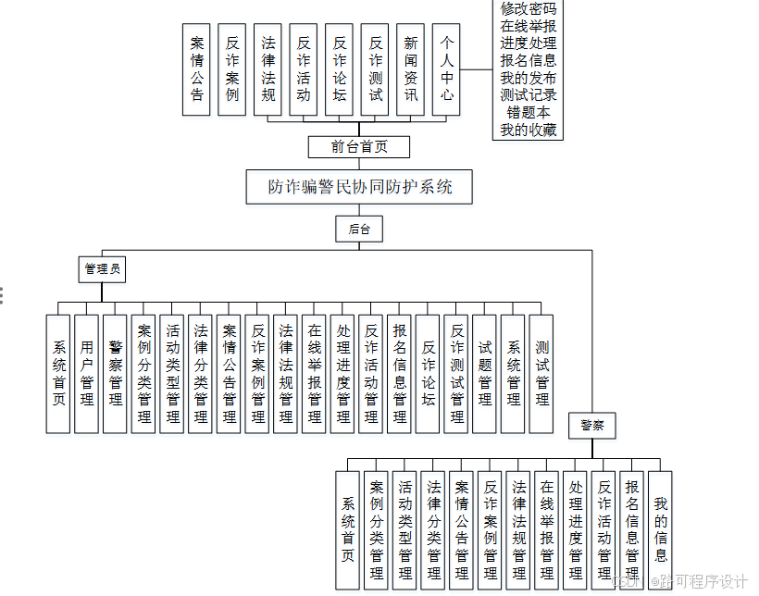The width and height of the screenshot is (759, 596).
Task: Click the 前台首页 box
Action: click(359, 146)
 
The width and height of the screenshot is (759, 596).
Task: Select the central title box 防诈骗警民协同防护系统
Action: click(360, 186)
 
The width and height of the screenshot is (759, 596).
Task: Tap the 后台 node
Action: click(359, 229)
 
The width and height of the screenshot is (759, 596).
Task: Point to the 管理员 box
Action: click(102, 269)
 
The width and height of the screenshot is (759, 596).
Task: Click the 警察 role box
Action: click(592, 425)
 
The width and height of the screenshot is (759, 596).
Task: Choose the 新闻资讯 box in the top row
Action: click(411, 69)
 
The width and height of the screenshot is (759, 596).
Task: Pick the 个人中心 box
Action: click(447, 69)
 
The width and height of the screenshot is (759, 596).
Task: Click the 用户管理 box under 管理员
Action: click(87, 374)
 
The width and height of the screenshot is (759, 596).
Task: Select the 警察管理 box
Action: click(116, 374)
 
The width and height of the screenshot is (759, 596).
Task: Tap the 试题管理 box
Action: click(485, 374)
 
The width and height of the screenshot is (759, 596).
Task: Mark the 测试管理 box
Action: click(542, 374)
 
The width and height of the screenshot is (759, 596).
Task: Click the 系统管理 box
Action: click(514, 374)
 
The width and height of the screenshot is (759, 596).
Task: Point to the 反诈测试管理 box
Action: click(456, 374)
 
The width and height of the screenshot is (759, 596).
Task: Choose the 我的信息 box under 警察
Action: click(660, 530)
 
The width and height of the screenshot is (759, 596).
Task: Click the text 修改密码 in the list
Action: click(529, 9)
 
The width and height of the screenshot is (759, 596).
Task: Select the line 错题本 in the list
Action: click(529, 112)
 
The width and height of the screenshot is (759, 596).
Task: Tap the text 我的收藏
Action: click(529, 130)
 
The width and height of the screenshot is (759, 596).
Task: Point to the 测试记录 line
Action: click(529, 94)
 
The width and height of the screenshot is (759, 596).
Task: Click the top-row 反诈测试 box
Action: click(375, 69)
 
